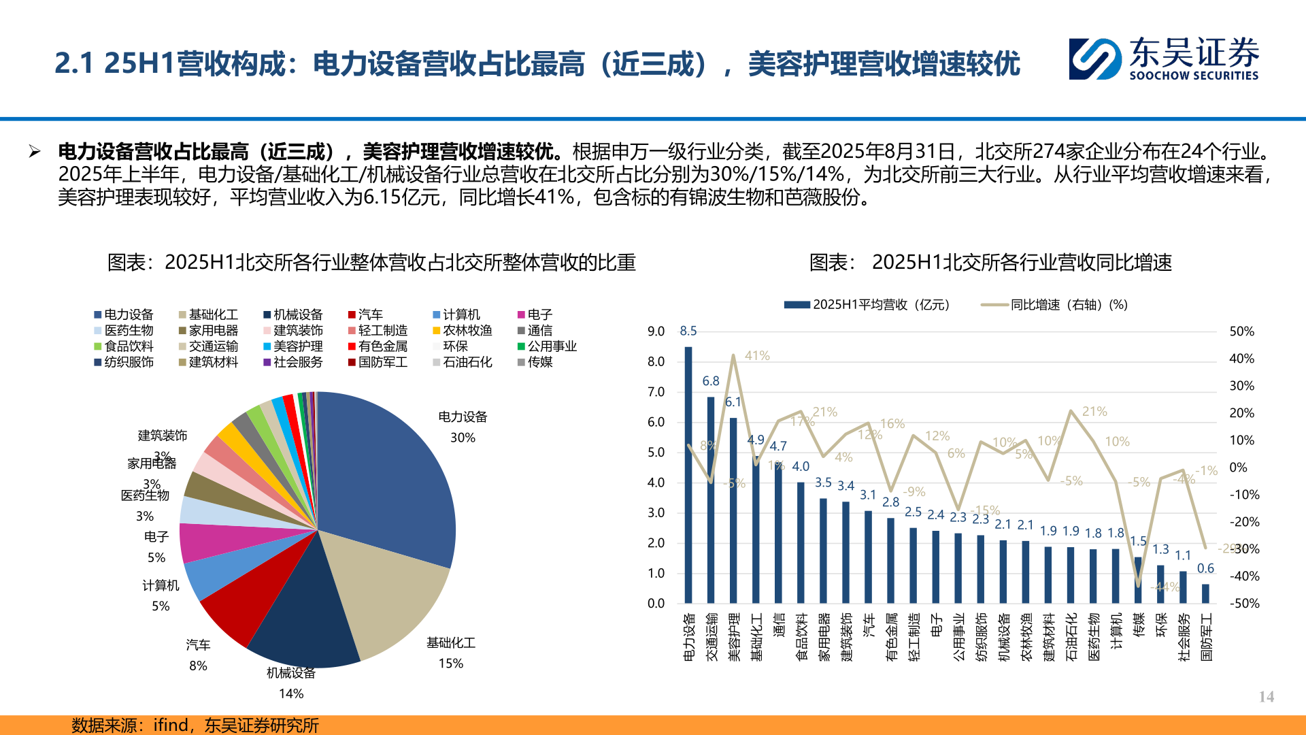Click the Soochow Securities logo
point(1163,59)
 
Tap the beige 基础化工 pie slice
point(388,592)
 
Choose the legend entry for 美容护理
point(293,346)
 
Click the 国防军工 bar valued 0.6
point(1205,593)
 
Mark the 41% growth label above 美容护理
point(757,356)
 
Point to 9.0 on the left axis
point(656,331)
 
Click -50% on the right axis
point(1245,604)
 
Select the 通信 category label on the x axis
point(779,624)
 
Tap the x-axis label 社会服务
point(1184,637)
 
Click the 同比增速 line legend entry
point(1054,305)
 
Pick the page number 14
point(1266,697)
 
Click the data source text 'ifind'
point(171,725)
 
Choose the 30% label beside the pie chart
point(463,438)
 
